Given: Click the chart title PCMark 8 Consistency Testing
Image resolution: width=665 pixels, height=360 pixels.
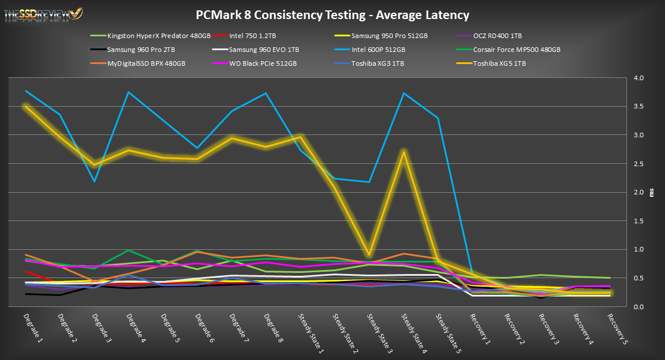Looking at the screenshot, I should click(x=332, y=15).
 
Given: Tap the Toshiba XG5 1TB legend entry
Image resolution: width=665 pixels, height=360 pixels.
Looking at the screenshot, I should click(x=499, y=63).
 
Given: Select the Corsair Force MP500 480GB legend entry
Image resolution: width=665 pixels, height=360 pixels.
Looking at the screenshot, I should click(x=517, y=50).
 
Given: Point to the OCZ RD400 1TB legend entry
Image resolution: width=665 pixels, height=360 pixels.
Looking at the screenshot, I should click(x=497, y=36).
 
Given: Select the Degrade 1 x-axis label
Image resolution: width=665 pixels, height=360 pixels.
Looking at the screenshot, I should click(x=32, y=329).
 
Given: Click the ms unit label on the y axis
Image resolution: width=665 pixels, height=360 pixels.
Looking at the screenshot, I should click(x=652, y=192).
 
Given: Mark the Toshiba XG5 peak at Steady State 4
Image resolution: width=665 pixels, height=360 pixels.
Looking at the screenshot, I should click(x=405, y=151).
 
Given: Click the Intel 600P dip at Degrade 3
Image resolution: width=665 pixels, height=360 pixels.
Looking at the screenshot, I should click(x=94, y=181).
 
